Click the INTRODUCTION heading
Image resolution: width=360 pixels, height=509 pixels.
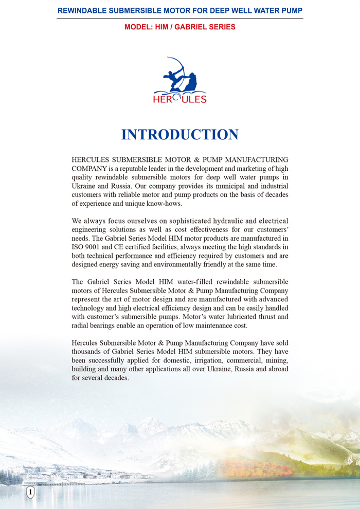tap(180, 135)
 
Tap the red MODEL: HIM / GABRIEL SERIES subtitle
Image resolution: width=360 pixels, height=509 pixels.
tap(180, 27)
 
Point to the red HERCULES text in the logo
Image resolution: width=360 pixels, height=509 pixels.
tap(180, 99)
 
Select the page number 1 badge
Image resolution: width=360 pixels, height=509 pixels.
tap(30, 493)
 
